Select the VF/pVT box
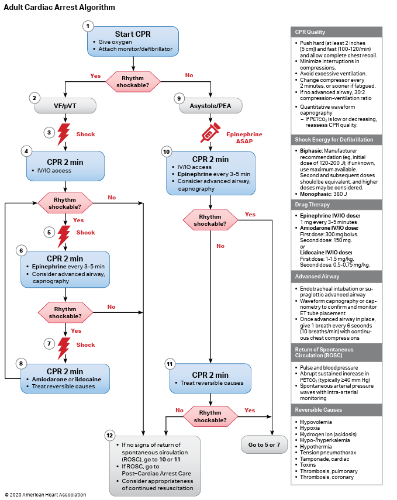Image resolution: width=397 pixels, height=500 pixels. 64,107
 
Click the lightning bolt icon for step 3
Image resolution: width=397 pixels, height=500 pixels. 64,135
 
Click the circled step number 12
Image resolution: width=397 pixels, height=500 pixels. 109,435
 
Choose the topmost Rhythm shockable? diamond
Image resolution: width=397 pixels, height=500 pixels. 133,81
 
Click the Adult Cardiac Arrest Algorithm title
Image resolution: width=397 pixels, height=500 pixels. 60,8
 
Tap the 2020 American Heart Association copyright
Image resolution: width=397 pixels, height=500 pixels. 46,495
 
